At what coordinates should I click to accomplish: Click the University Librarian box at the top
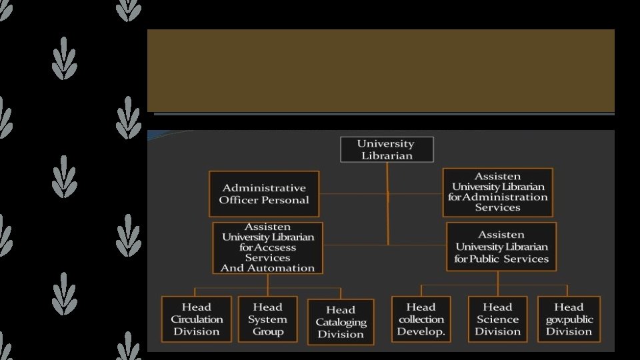387,149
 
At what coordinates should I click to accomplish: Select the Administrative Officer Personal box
264,194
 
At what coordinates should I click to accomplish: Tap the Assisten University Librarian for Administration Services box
497,192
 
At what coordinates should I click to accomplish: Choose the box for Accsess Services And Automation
267,248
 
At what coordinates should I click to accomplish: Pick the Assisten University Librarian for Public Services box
501,247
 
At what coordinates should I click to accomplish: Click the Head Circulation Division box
196,319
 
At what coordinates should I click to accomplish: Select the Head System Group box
267,319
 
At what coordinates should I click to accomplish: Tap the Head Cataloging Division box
340,322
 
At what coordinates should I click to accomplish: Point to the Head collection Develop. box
421,319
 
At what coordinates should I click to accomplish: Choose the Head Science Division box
497,319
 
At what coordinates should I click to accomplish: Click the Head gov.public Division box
569,319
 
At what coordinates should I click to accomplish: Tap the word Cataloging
341,322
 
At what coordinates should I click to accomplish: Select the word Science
497,319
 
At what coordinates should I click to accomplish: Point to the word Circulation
196,319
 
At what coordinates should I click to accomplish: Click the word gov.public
569,319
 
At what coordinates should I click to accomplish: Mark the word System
267,319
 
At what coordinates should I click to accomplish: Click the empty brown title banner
381,70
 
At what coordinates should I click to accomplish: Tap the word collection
421,319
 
